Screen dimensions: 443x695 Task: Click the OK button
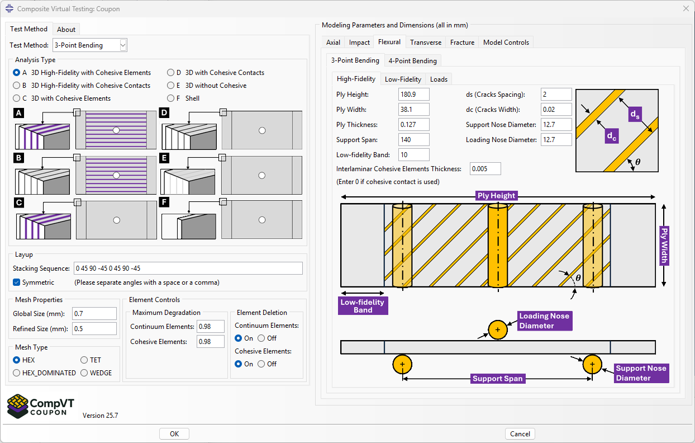pyautogui.click(x=174, y=433)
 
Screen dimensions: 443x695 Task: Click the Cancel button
pyautogui.click(x=520, y=433)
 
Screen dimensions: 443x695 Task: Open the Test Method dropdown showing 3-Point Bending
pyautogui.click(x=90, y=45)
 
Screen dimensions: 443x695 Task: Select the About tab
pyautogui.click(x=66, y=30)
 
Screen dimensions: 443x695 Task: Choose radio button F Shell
pyautogui.click(x=171, y=98)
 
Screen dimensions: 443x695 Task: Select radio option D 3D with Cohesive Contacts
pyautogui.click(x=171, y=73)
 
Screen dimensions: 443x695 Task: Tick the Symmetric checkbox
pyautogui.click(x=17, y=282)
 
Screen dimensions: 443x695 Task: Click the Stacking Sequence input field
pyautogui.click(x=188, y=268)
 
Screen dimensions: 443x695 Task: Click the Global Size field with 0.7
pyautogui.click(x=94, y=314)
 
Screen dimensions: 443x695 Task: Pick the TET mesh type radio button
pyautogui.click(x=84, y=360)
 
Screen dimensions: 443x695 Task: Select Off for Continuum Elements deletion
pyautogui.click(x=261, y=338)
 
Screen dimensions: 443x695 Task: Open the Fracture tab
pyautogui.click(x=462, y=43)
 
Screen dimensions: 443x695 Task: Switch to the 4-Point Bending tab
pyautogui.click(x=412, y=61)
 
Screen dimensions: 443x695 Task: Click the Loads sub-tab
pyautogui.click(x=439, y=79)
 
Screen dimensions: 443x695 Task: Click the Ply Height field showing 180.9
pyautogui.click(x=413, y=95)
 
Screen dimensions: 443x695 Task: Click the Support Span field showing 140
pyautogui.click(x=413, y=140)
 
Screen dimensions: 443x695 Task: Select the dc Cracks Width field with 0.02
pyautogui.click(x=556, y=110)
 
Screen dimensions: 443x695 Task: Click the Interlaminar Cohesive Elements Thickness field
pyautogui.click(x=485, y=169)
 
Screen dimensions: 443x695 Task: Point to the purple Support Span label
pyautogui.click(x=497, y=379)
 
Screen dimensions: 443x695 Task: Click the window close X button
pyautogui.click(x=686, y=8)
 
